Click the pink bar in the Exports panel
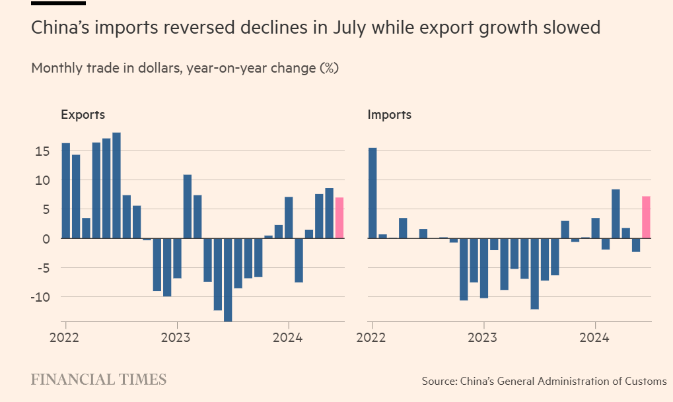click(339, 218)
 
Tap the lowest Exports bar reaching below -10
click(228, 280)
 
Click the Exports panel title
click(83, 114)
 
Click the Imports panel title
click(389, 114)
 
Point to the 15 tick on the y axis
click(42, 151)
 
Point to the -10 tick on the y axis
click(40, 297)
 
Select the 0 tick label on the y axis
click(46, 238)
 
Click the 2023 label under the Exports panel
click(176, 338)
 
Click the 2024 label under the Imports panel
click(595, 338)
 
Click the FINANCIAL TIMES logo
click(99, 380)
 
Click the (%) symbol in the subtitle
click(329, 68)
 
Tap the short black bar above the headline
click(58, 3)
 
